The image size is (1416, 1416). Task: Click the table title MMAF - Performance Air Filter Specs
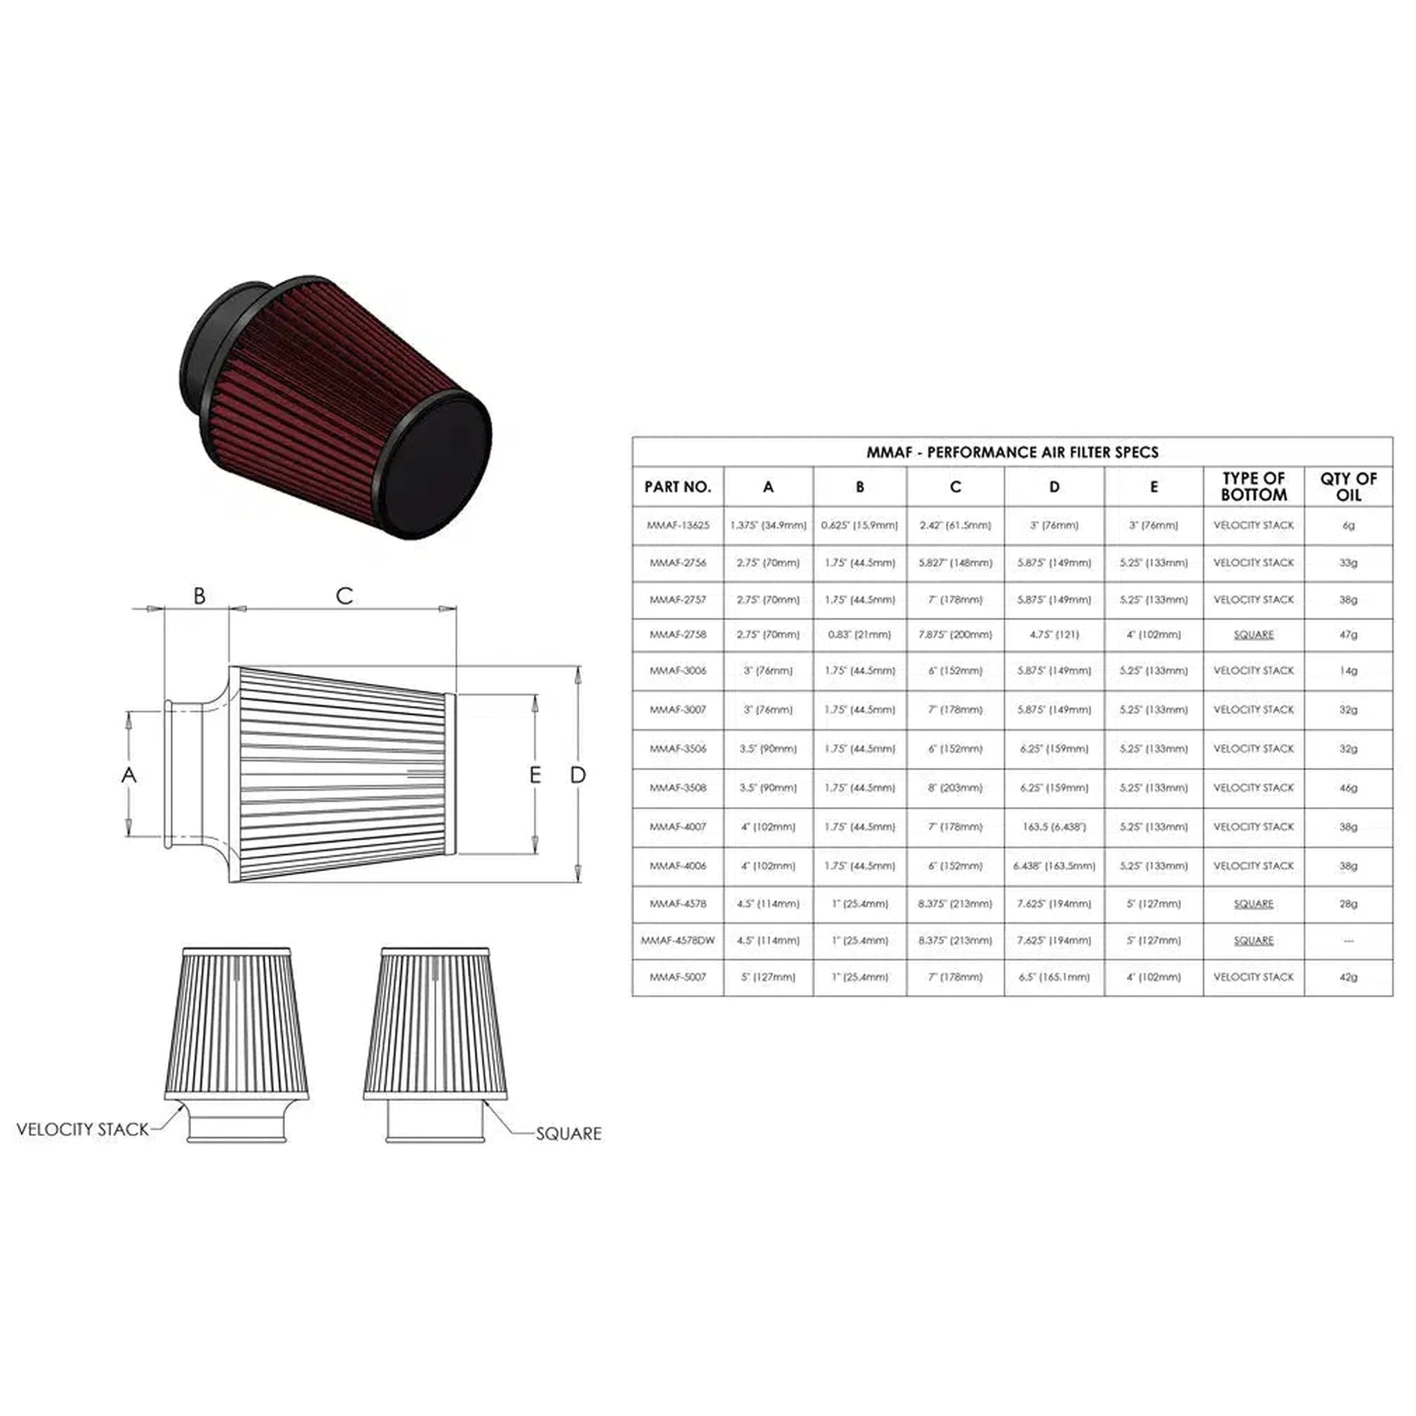click(x=1012, y=452)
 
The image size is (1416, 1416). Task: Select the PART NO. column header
click(x=678, y=487)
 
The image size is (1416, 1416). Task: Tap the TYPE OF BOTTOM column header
click(x=1254, y=487)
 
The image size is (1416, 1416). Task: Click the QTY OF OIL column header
click(x=1348, y=487)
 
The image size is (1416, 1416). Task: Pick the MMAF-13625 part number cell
click(x=678, y=525)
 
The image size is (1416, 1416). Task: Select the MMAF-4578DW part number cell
click(x=678, y=940)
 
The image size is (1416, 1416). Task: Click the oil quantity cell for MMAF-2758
click(x=1348, y=635)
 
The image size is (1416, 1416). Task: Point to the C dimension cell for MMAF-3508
click(x=955, y=788)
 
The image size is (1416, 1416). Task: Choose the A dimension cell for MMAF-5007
click(x=768, y=977)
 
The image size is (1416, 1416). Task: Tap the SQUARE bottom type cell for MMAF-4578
click(x=1254, y=904)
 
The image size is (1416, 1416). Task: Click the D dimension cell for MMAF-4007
click(x=1054, y=827)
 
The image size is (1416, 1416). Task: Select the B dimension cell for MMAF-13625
click(x=859, y=525)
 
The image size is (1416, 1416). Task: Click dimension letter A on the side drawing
click(x=129, y=774)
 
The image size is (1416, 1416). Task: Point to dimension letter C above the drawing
click(x=344, y=596)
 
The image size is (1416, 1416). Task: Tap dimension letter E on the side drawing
click(x=535, y=774)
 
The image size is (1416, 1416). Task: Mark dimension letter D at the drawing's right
click(x=578, y=774)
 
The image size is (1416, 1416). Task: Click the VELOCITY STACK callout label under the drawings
click(x=82, y=1130)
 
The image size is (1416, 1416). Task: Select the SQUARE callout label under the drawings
click(x=569, y=1134)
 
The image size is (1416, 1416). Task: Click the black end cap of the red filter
click(x=438, y=465)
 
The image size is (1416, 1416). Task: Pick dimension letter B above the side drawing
click(x=199, y=596)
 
